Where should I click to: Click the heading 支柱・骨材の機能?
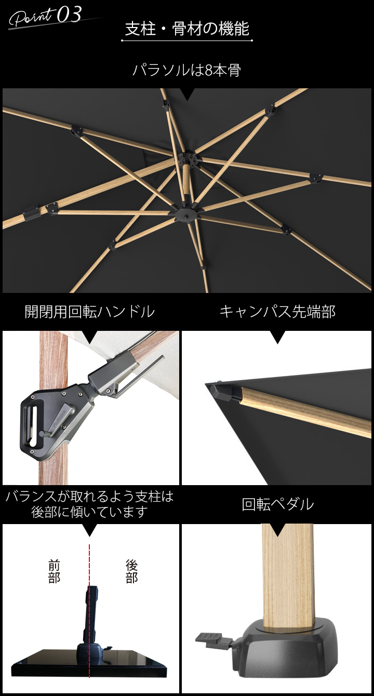[187, 29]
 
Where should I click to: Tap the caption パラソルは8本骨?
[187, 70]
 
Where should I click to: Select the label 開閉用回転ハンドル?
[90, 312]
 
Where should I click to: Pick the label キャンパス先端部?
[277, 312]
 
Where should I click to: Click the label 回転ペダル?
[277, 504]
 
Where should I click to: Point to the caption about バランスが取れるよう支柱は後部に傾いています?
[90, 504]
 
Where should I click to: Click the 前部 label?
[54, 571]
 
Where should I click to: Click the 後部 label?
[131, 571]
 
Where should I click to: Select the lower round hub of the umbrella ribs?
[185, 213]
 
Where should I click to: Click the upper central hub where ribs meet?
[188, 158]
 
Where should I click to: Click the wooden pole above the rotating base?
[288, 571]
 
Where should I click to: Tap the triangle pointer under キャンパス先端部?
[277, 338]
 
